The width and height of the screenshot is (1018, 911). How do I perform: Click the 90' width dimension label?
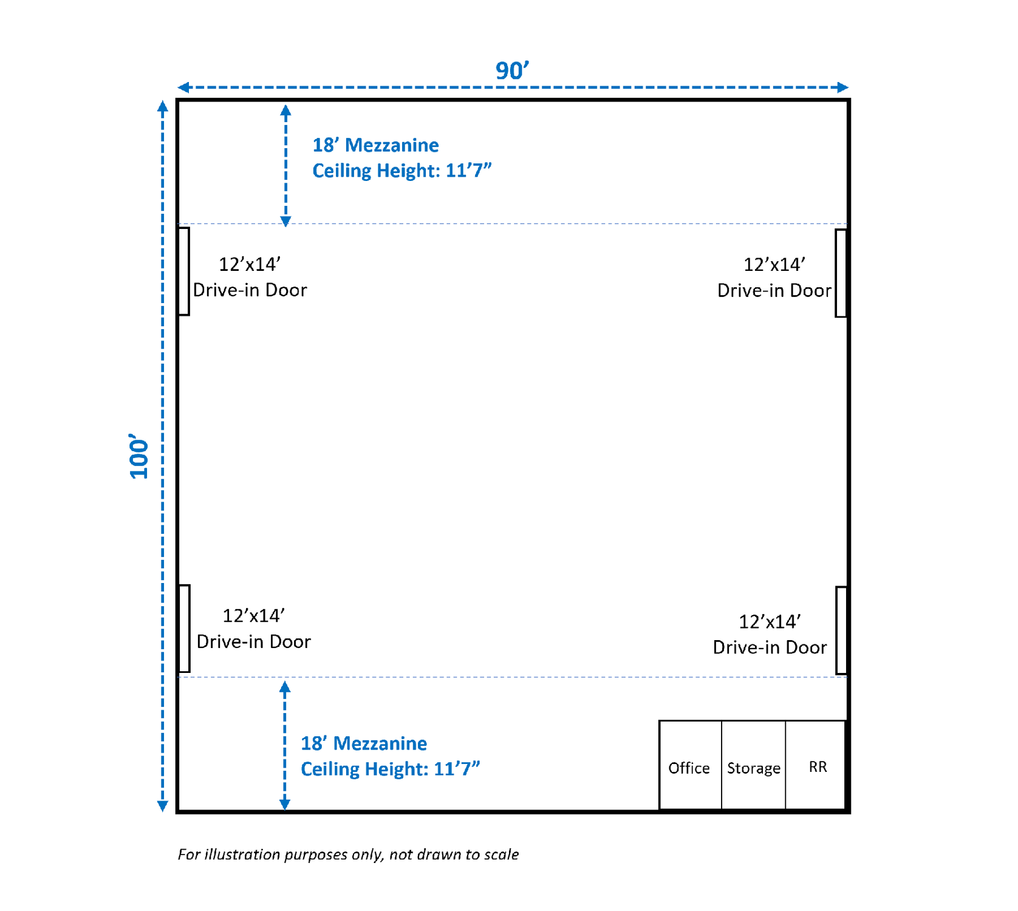pyautogui.click(x=512, y=70)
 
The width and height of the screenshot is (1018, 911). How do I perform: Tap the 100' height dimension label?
pyautogui.click(x=139, y=456)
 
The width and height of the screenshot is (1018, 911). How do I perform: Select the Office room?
pyautogui.click(x=690, y=765)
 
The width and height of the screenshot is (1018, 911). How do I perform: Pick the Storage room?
pyautogui.click(x=753, y=765)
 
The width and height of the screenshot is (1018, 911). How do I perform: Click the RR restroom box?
pyautogui.click(x=816, y=765)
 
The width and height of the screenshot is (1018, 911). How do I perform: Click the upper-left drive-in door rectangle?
pyautogui.click(x=183, y=271)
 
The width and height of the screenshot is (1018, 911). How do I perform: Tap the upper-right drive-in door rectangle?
pyautogui.click(x=841, y=273)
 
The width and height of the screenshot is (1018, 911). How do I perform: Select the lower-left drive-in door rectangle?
pyautogui.click(x=184, y=629)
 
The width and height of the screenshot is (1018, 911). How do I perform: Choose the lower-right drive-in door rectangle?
pyautogui.click(x=841, y=630)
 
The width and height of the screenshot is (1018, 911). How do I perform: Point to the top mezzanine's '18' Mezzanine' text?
pyautogui.click(x=375, y=145)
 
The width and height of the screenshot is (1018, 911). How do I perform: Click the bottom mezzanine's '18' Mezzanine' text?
pyautogui.click(x=364, y=743)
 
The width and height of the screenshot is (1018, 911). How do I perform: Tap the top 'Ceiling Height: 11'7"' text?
pyautogui.click(x=401, y=171)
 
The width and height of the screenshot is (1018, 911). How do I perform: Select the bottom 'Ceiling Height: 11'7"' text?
pyautogui.click(x=390, y=769)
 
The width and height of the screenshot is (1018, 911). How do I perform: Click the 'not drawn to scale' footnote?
pyautogui.click(x=454, y=855)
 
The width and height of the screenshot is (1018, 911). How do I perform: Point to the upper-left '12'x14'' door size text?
pyautogui.click(x=250, y=264)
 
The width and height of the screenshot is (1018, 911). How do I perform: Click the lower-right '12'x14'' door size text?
pyautogui.click(x=770, y=621)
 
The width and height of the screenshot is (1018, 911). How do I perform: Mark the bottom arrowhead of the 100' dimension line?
pyautogui.click(x=162, y=806)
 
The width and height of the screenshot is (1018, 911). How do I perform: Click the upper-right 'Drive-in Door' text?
pyautogui.click(x=774, y=290)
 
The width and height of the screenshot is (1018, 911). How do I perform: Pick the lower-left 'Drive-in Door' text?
pyautogui.click(x=253, y=641)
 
